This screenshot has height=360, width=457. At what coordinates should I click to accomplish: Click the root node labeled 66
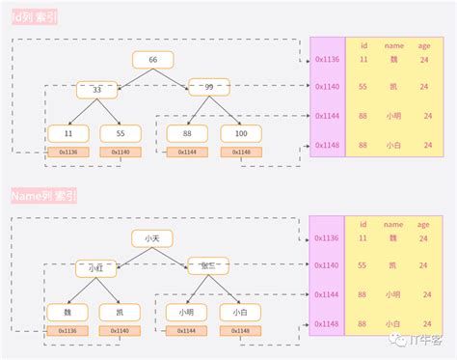coord(152,60)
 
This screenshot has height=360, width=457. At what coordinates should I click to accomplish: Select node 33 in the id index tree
coord(96,89)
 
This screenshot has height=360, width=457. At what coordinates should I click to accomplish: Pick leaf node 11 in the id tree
coord(67,133)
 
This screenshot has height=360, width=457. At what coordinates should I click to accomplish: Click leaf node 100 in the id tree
coord(241,133)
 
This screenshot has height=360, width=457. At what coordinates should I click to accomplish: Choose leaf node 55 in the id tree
coord(121,133)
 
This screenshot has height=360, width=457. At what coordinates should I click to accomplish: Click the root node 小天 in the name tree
coord(152,238)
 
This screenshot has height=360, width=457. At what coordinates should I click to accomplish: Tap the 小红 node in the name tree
coord(96,266)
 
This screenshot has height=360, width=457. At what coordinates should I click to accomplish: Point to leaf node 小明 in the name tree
coord(187,312)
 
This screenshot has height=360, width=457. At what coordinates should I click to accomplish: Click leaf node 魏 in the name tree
coord(67,312)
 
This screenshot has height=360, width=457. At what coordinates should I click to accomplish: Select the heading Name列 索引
coord(44,196)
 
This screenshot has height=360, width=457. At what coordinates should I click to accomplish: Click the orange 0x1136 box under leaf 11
coord(67,152)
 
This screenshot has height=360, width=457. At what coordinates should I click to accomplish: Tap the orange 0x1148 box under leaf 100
coord(241,152)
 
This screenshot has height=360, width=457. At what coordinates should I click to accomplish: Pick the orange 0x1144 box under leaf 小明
coord(187,331)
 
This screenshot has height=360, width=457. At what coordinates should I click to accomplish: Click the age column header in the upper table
coord(424,44)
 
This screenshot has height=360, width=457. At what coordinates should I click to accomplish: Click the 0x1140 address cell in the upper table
coord(327,87)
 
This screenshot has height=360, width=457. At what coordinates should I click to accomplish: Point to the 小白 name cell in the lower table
coord(393,325)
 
